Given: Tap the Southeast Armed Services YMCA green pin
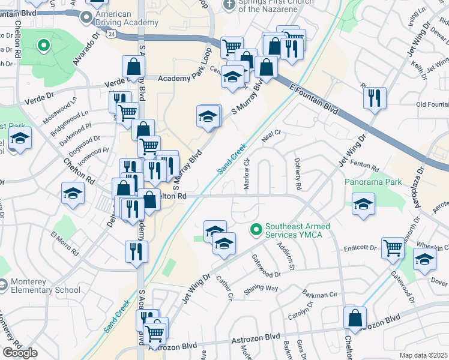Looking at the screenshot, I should click(256, 229).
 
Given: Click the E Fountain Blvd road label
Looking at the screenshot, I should click(314, 98).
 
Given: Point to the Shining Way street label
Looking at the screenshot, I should click(261, 289).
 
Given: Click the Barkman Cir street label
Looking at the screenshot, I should click(318, 295).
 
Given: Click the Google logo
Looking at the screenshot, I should click(20, 352).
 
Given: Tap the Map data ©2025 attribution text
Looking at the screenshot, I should click(423, 355).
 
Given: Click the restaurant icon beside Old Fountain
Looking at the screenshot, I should click(375, 98).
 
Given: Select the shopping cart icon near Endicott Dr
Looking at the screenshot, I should click(393, 247).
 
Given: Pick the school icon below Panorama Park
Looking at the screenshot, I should click(363, 204).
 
